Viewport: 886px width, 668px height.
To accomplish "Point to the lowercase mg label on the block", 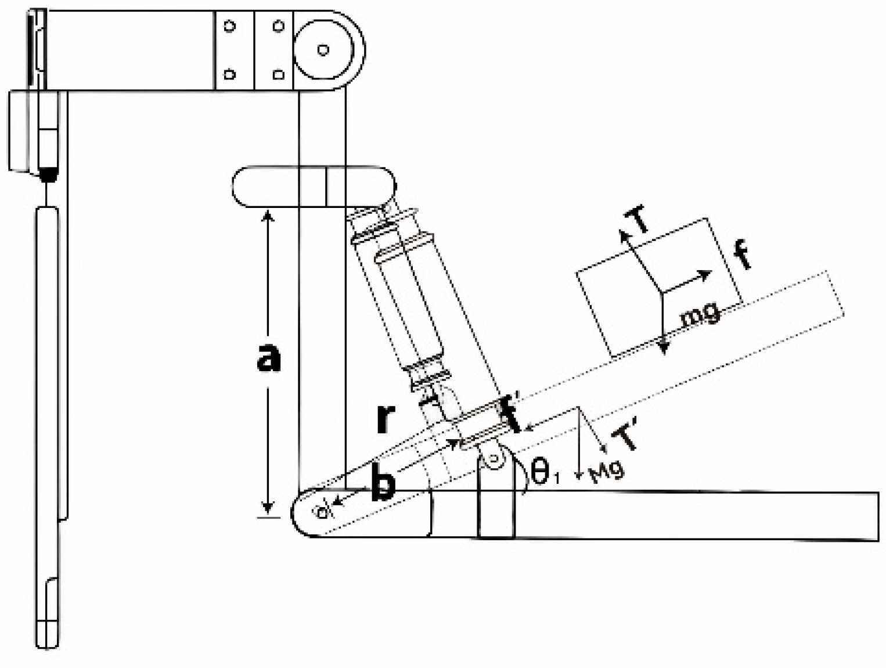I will coord(701,314).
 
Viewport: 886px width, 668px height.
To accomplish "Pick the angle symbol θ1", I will coord(545,472).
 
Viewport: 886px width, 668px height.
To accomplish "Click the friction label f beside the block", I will coord(743,256).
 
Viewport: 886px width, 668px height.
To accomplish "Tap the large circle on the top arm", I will coord(323,50).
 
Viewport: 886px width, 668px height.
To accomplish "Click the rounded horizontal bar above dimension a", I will coord(314,186).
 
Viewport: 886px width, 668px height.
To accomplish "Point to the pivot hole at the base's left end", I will coord(321,512).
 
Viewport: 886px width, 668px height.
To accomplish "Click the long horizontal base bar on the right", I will coord(697,516).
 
